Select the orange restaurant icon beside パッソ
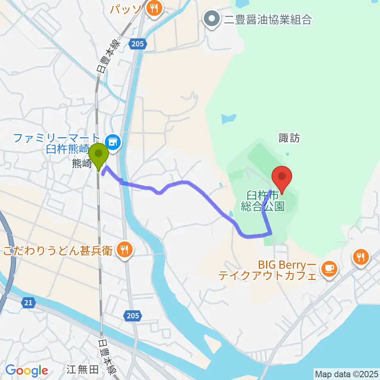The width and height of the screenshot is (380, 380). coord(152,9)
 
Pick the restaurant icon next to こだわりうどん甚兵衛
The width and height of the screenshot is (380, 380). coord(125,250)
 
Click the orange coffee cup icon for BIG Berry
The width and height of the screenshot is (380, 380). coord(329,268)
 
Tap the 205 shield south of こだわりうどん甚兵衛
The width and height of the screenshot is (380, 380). coord(133,315)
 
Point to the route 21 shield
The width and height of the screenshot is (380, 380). coord(28,303)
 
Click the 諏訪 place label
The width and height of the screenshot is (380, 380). coord(289,138)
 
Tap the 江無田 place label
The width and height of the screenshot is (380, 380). coord(83,370)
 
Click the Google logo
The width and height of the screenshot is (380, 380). coord(27,371)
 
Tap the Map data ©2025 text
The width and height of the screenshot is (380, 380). coord(347,374)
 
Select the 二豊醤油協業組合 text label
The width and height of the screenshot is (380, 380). coord(268,19)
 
